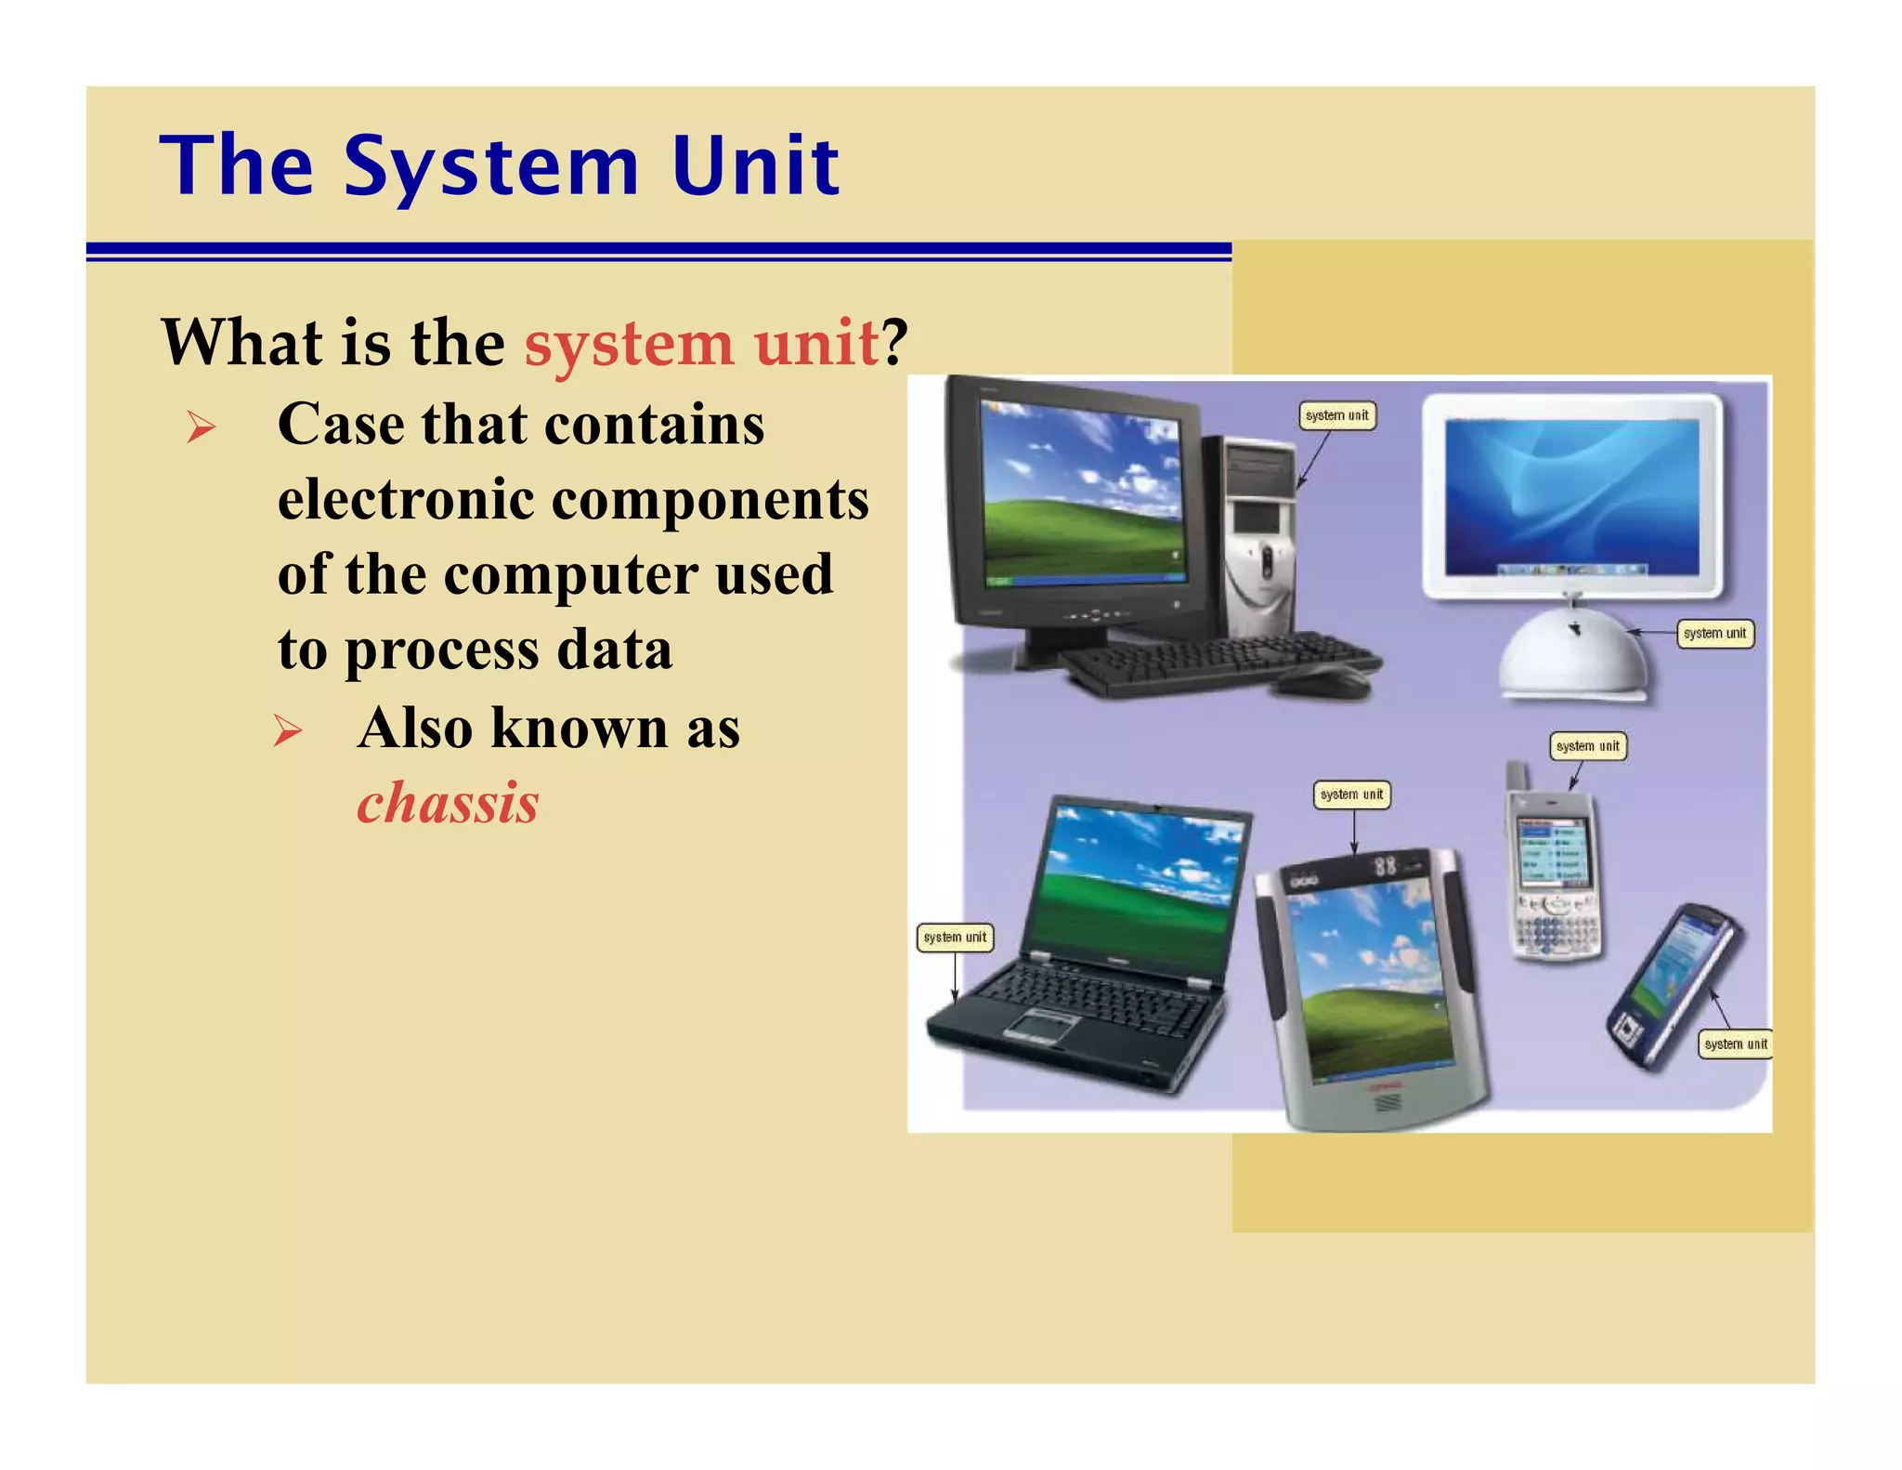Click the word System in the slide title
tap(491, 167)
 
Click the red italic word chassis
tap(448, 803)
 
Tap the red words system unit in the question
tap(701, 343)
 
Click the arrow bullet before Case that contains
tap(201, 427)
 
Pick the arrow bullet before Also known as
tap(288, 731)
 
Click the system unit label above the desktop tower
tap(1336, 415)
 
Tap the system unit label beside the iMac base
tap(1714, 634)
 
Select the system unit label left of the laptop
tap(955, 938)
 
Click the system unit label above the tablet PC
tap(1351, 794)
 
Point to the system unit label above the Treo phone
tap(1587, 746)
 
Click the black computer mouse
tap(1322, 681)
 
